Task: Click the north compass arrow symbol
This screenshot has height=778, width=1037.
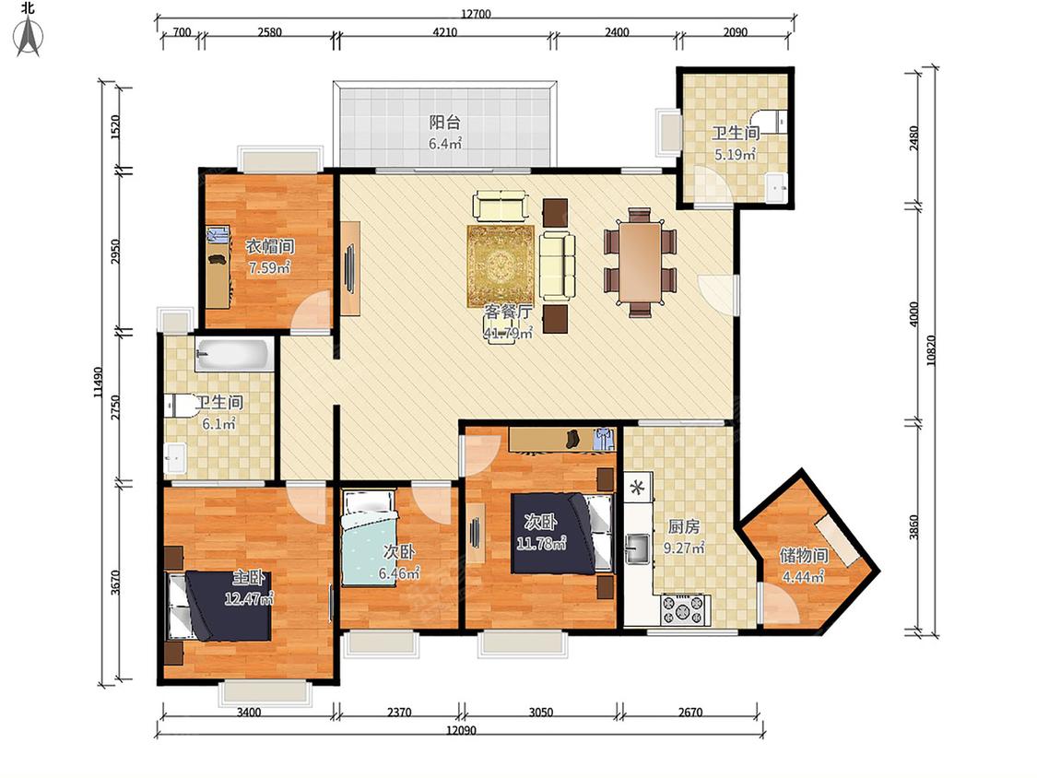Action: pos(29,36)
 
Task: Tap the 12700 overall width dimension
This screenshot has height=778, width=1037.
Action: pos(476,13)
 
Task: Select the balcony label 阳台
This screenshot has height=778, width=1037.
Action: pos(444,123)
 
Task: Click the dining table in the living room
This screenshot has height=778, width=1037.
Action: pos(641,261)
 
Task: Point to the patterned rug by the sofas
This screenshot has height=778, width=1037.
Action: pos(501,265)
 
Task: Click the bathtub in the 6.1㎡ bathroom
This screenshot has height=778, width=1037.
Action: pos(234,355)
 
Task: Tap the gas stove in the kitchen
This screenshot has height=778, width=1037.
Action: pos(686,610)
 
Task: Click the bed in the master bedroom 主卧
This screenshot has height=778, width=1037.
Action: pos(218,606)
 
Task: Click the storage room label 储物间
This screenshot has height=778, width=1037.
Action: pos(804,555)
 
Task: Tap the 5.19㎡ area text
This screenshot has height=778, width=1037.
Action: pos(735,155)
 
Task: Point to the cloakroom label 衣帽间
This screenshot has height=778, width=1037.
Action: pos(270,247)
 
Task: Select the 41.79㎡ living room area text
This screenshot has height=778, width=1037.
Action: pos(508,334)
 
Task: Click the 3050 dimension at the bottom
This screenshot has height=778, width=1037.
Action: pos(541,713)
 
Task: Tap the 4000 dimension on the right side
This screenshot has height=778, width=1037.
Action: pos(914,313)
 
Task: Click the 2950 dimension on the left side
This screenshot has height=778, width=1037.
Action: pos(116,251)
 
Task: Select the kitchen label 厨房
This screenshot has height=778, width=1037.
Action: pos(684,526)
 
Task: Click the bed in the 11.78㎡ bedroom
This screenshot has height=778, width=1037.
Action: pos(561,533)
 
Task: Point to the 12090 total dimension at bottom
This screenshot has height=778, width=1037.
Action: pos(461,730)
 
